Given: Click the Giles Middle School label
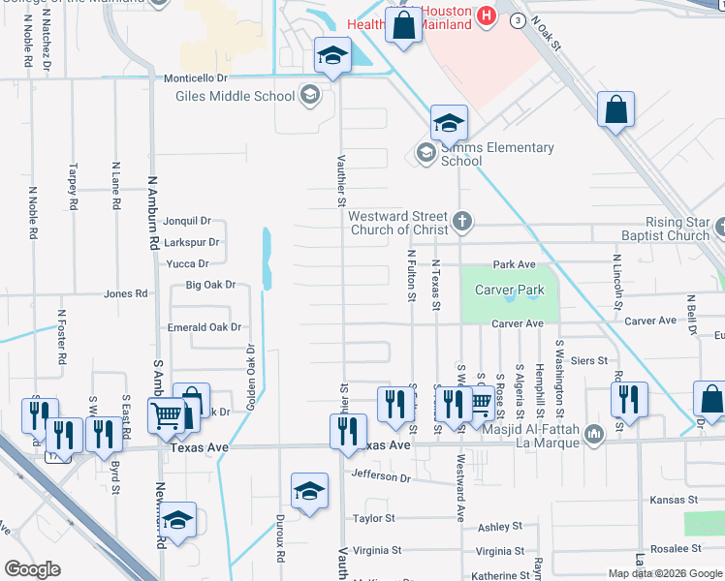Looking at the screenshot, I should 235,96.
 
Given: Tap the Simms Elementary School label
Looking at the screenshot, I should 497,154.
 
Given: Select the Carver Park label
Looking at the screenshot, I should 504,290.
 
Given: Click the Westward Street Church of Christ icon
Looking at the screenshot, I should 462,220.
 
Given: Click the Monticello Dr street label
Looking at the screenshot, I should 194,76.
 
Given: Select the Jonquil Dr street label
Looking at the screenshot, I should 185,222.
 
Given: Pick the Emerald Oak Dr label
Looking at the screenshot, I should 204,327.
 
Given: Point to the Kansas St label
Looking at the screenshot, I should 674,500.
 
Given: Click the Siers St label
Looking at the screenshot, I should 589,360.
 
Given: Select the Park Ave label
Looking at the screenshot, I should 514,264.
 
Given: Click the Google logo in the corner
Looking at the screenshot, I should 32,569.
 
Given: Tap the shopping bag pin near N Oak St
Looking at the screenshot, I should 615,110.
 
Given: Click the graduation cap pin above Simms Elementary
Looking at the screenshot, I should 450,122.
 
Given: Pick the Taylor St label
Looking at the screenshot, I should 374,519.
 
